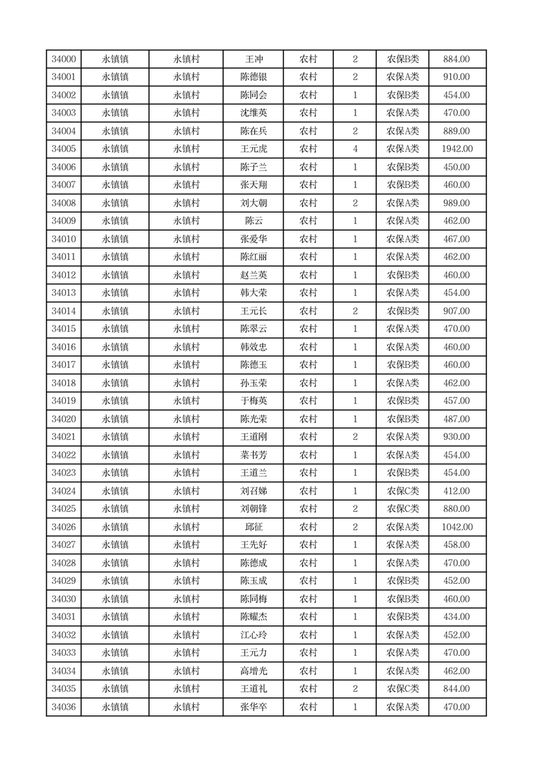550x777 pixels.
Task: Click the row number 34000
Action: tap(64, 60)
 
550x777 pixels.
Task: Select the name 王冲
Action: tap(254, 60)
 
